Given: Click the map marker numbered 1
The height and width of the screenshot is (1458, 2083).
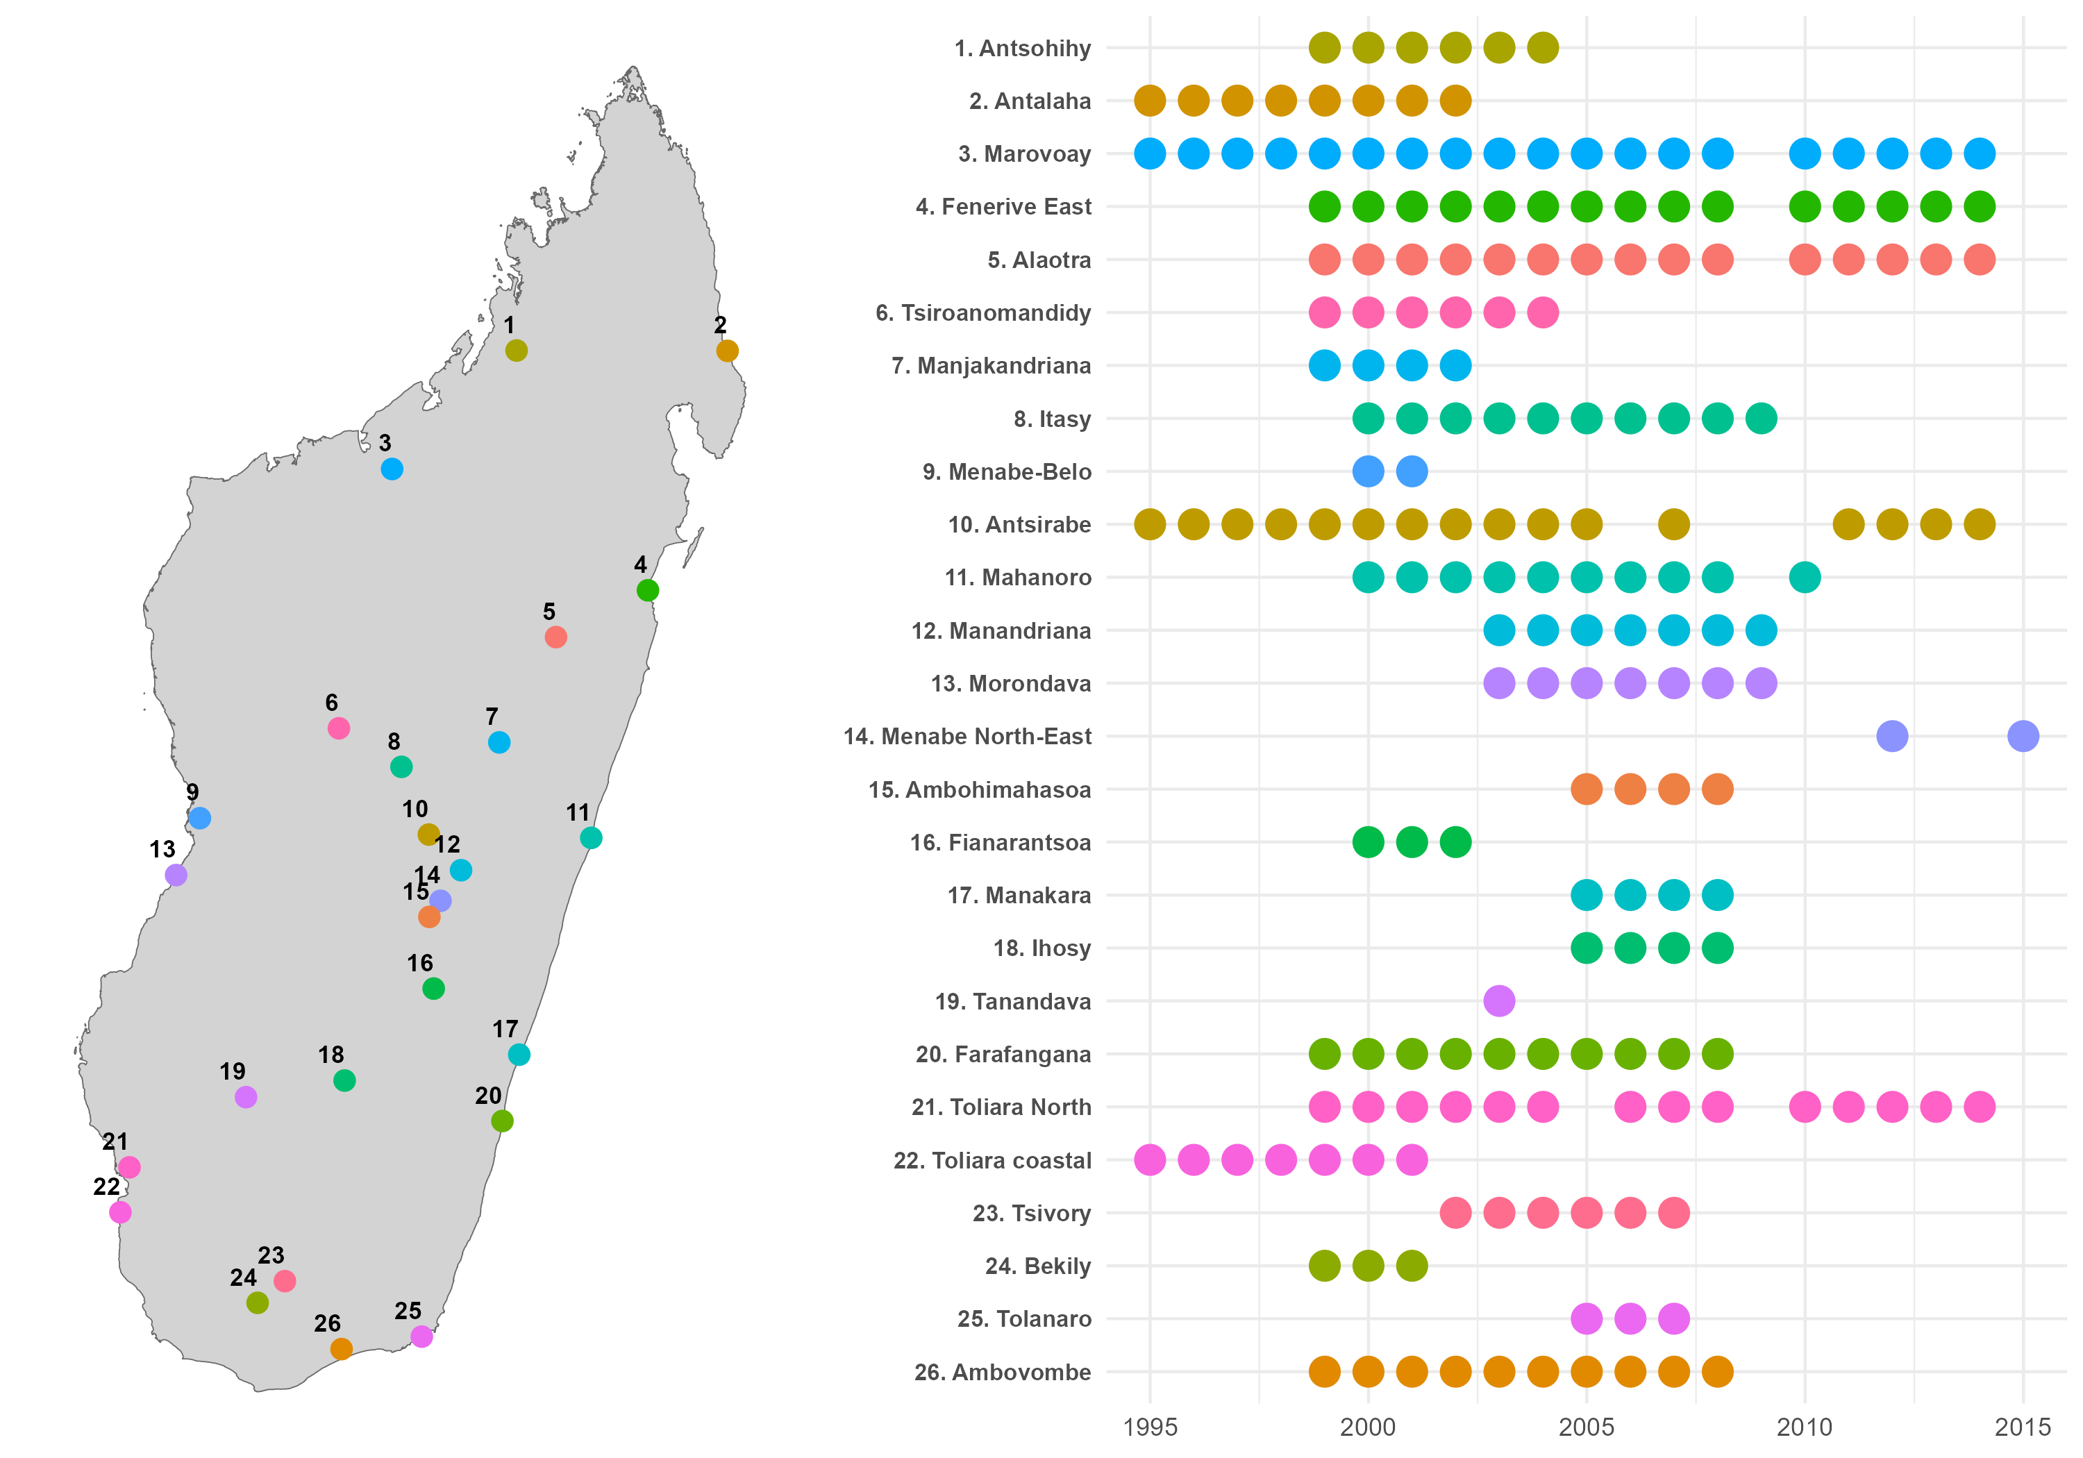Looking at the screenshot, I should pos(515,350).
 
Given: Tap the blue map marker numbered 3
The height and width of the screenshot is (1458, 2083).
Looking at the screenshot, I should pos(391,469).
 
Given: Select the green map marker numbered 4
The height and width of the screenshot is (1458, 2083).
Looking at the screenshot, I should pos(647,591).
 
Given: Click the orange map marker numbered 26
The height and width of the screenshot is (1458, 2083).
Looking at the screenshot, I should pos(341,1349).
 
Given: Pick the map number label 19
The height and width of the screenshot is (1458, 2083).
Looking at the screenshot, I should pos(232,1071).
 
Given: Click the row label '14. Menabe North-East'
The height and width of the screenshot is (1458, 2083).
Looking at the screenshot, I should pos(967,737).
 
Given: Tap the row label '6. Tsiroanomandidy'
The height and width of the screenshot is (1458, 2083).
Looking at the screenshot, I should pos(982,313).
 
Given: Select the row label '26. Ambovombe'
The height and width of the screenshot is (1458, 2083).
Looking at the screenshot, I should pos(1003,1373).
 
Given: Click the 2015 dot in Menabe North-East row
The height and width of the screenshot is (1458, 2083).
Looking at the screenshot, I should pos(2023,736).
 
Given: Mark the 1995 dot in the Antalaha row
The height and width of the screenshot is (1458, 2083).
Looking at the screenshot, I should pos(1149,101).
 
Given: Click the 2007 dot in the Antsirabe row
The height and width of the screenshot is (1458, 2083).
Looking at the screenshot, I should pos(1674,524).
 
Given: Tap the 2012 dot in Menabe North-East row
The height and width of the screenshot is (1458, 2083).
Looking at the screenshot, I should pos(1891,736).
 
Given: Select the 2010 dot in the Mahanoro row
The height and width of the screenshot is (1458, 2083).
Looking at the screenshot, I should pos(1805,577).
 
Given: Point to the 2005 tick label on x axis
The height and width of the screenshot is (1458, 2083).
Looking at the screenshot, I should pos(1586,1428).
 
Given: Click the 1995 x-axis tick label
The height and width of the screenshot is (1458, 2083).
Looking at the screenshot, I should pos(1149,1428).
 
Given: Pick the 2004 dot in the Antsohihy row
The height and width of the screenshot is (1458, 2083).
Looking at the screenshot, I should pos(1542,48).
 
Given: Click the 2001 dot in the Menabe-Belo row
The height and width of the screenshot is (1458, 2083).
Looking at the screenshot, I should pos(1412,472).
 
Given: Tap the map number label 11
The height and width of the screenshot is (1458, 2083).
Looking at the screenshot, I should pos(578,813).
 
